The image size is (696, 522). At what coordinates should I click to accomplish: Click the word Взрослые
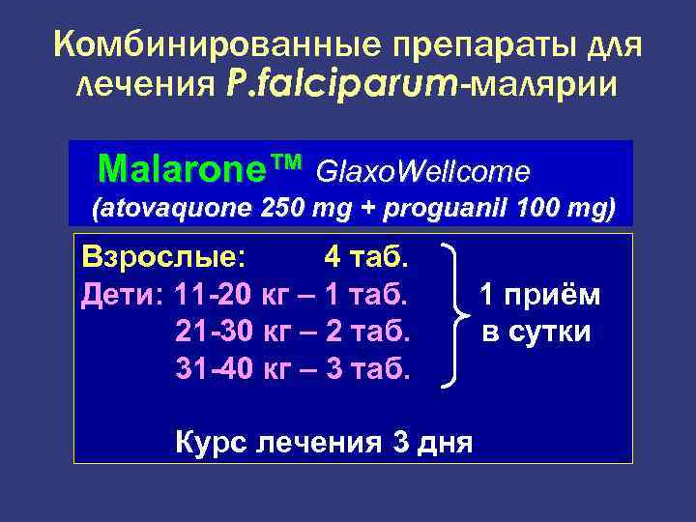(x=162, y=259)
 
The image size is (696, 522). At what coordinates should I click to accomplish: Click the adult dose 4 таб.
(x=367, y=259)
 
